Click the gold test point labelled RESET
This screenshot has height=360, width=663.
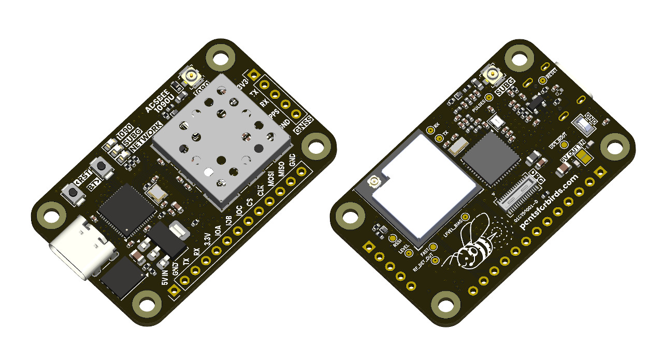pos(542,80)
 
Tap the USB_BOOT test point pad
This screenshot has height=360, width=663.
pos(565,145)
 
